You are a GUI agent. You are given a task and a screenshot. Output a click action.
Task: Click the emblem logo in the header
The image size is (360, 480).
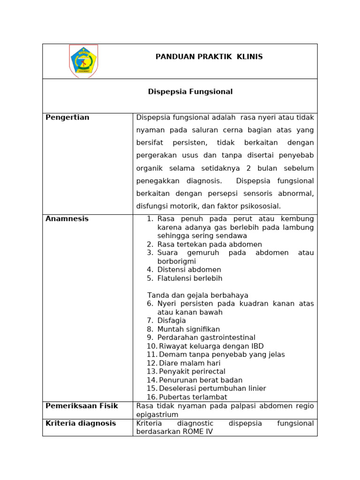coord(83,61)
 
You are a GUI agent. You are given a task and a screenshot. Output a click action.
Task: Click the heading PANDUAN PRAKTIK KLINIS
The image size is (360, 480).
coord(209,57)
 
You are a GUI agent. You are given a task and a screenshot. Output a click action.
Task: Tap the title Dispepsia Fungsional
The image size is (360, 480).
coord(190,92)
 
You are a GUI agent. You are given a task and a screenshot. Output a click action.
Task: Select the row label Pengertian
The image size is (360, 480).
coord(67,118)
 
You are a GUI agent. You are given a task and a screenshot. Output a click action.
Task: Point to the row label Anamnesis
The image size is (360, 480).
coord(67,219)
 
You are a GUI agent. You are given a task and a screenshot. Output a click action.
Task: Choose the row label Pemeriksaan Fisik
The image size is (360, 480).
coord(82,406)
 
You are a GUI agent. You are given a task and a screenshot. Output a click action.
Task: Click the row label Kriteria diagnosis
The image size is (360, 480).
coord(81,423)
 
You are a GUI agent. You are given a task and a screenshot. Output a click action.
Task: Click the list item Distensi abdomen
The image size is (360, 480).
coord(189,270)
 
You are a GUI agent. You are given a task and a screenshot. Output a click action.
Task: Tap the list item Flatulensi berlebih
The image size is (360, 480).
coord(189,278)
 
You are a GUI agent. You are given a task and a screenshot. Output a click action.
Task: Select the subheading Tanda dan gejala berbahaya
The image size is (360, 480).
coord(197,295)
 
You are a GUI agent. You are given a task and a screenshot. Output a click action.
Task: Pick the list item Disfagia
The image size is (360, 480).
coord(172,321)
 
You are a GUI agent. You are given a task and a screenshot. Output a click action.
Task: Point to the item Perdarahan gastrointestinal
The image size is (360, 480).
coord(206,337)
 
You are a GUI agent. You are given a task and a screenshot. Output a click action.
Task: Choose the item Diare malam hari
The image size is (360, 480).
coord(189,363)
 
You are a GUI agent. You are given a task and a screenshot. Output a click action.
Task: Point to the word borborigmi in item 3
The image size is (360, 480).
coord(176,262)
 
